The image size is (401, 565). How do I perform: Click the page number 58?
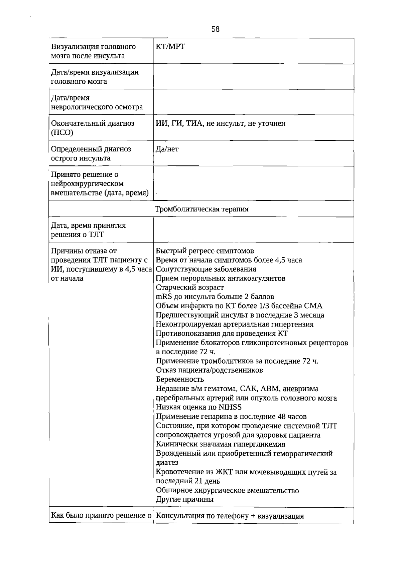pyautogui.click(x=215, y=29)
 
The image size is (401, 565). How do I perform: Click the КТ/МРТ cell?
pyautogui.click(x=170, y=47)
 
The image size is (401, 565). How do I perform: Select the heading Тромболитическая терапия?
pyautogui.click(x=202, y=209)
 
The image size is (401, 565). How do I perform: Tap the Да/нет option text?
pyautogui.click(x=167, y=149)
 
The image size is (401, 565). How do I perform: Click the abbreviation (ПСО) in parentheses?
pyautogui.click(x=62, y=133)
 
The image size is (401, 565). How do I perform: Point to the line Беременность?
pyautogui.click(x=180, y=380)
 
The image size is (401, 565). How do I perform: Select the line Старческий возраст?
pyautogui.click(x=190, y=288)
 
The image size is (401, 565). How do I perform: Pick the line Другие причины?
pyautogui.click(x=184, y=500)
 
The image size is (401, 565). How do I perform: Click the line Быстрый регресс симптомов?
pyautogui.click(x=205, y=251)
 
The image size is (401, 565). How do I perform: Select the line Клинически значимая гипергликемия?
pyautogui.click(x=221, y=444)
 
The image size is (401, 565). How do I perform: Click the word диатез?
pyautogui.click(x=167, y=463)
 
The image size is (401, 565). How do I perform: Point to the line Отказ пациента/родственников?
pyautogui.click(x=209, y=370)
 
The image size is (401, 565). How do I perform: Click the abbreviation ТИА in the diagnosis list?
pyautogui.click(x=194, y=124)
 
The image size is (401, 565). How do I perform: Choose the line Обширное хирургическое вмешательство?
pyautogui.click(x=227, y=491)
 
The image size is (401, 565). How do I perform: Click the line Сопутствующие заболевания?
pyautogui.click(x=206, y=269)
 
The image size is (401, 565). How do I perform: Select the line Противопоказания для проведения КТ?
pyautogui.click(x=222, y=334)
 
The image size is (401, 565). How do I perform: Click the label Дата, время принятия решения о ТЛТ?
pyautogui.click(x=88, y=230)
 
